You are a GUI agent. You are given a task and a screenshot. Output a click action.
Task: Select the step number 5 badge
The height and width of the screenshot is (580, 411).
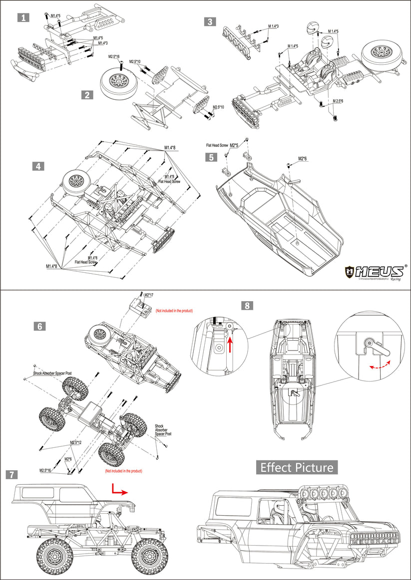(x=212, y=157)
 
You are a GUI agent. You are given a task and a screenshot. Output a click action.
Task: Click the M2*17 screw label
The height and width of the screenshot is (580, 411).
(x=149, y=295)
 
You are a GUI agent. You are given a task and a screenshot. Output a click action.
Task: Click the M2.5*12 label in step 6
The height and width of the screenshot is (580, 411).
(x=76, y=442)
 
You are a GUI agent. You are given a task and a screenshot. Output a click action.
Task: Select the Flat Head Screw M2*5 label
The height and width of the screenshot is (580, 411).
(x=222, y=145)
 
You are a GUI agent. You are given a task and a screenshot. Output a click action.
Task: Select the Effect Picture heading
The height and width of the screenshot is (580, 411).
(x=297, y=467)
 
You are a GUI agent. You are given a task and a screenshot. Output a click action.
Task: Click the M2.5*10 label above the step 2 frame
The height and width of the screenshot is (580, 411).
(x=135, y=61)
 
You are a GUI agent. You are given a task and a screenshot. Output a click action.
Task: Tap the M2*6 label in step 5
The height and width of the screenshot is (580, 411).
(x=303, y=159)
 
